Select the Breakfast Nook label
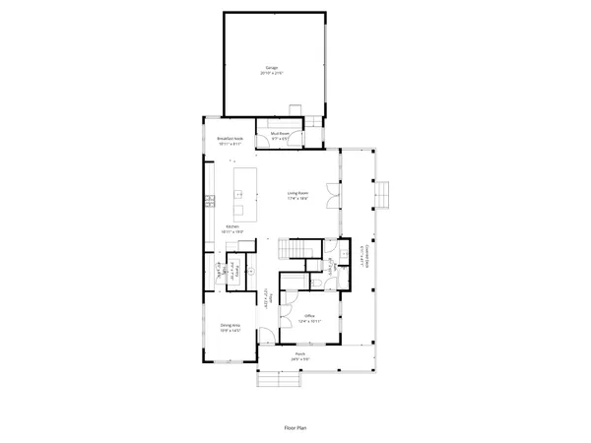[230, 141]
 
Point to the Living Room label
[298, 196]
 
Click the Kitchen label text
[233, 229]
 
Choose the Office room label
[309, 318]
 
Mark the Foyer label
[267, 295]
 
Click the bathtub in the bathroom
[342, 255]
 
